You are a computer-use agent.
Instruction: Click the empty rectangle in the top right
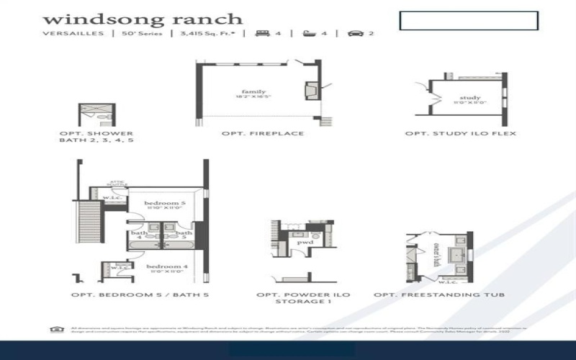469,21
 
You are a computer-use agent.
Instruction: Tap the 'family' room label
253,92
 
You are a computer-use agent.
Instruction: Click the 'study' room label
469,98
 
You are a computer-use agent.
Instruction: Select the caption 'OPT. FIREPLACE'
263,134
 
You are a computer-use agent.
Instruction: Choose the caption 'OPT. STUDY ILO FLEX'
461,134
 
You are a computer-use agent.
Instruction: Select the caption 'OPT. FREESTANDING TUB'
439,295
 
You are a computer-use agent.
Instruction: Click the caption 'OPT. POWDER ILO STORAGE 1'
298,299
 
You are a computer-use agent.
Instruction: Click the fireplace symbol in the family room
311,89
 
